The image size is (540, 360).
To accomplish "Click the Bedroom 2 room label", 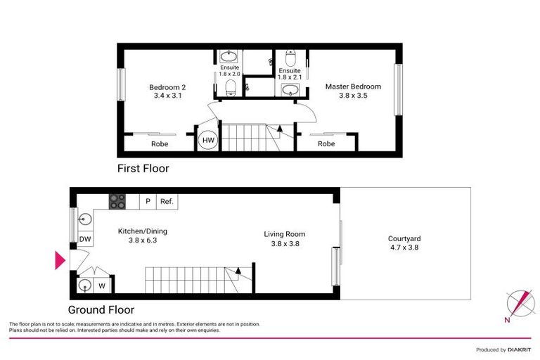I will coord(166,87).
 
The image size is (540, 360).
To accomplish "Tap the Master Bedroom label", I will coord(353,86).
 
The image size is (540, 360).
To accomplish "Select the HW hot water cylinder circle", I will coord(208,141).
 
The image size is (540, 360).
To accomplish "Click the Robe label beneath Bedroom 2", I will coord(160,144).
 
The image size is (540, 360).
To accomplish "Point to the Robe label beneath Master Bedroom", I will coord(326,144).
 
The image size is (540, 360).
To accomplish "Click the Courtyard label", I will coord(404,238).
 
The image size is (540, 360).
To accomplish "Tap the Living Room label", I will coord(285,234).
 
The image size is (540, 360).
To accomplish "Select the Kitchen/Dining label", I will coord(142,231).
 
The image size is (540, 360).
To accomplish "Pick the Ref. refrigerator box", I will coord(167,202).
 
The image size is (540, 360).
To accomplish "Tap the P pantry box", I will coord(148,202).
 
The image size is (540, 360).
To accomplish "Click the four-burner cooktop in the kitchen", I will coord(117,201).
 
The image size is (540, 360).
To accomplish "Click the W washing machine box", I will coord(102,285).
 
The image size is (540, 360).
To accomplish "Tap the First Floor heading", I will coord(143,169).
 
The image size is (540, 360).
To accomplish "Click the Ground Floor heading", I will coord(101,309).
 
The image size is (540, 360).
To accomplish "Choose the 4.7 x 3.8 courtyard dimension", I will coord(404,247).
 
